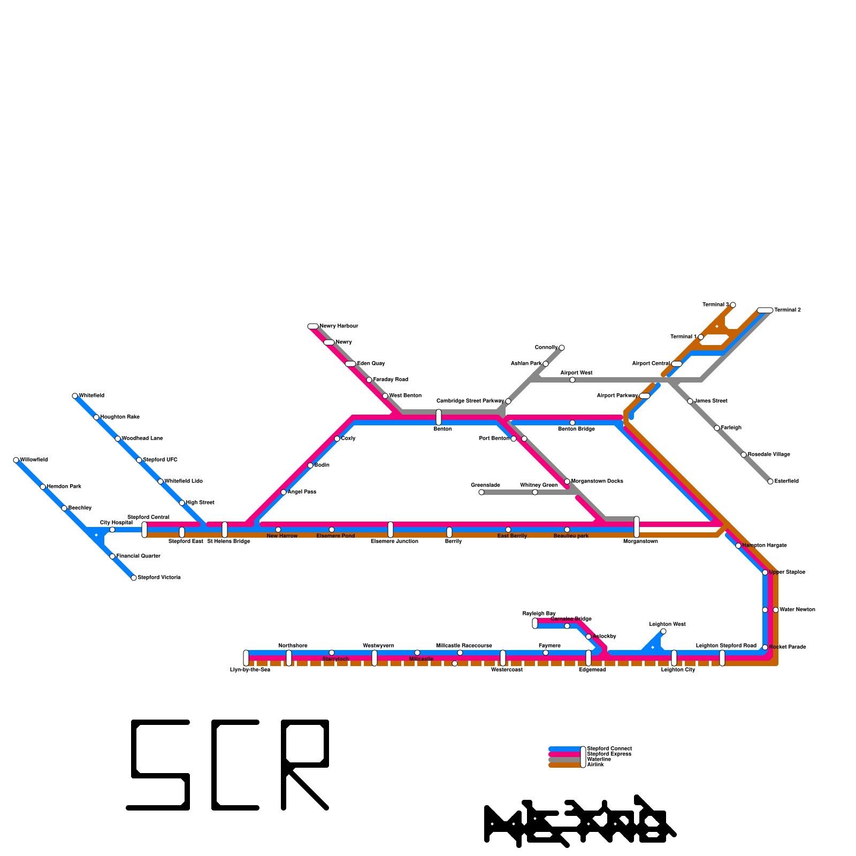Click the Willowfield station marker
(16, 460)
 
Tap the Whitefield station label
(91, 396)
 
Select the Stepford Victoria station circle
(134, 578)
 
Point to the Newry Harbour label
(339, 326)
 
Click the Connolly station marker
(562, 348)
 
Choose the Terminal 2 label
(788, 310)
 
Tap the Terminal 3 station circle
(733, 305)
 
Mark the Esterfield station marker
(770, 481)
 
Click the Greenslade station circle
(481, 492)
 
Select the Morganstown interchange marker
(637, 527)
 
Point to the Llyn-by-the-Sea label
(250, 670)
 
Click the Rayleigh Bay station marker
(535, 623)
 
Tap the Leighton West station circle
(663, 631)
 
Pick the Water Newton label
(797, 610)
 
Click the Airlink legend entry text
(595, 765)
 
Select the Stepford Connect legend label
(609, 748)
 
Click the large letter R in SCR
(305, 765)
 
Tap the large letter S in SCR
(159, 765)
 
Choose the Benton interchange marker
(439, 417)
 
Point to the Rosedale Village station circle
(744, 455)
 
